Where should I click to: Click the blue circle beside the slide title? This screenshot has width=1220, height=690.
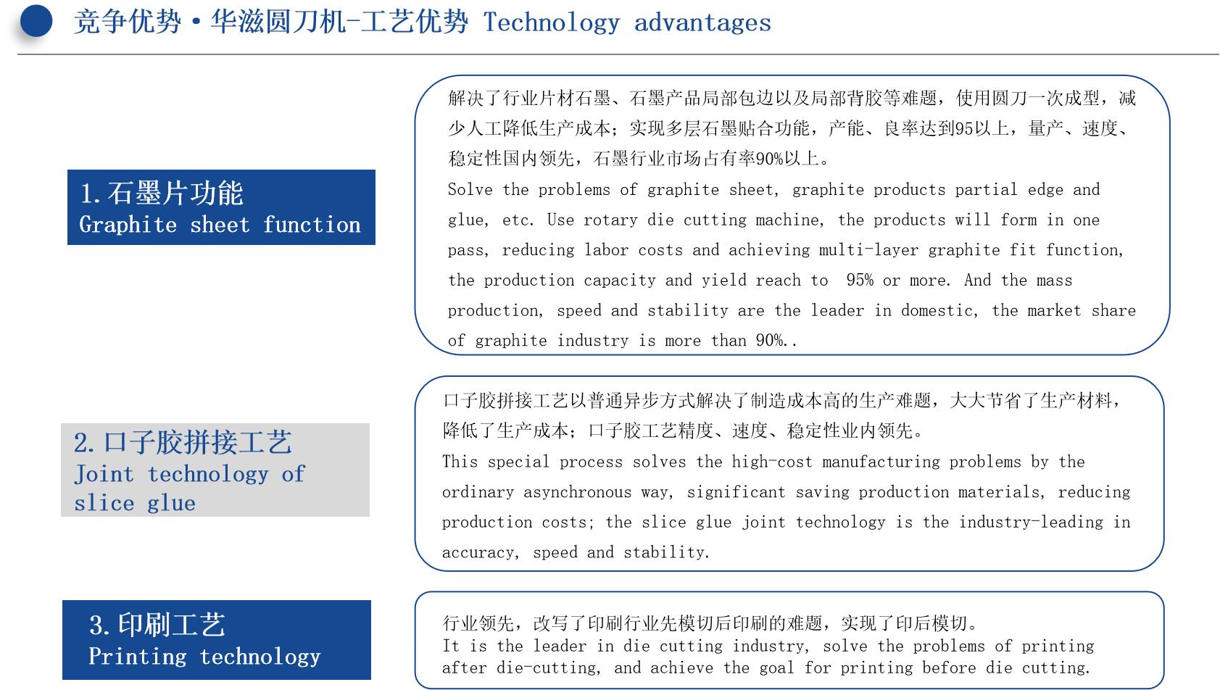tap(36, 21)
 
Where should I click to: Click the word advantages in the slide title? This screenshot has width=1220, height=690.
tap(702, 22)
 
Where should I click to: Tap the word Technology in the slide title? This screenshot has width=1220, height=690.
tap(551, 23)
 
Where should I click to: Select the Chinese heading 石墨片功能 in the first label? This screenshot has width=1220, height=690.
tap(175, 194)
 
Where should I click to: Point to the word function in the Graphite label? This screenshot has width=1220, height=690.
tap(312, 225)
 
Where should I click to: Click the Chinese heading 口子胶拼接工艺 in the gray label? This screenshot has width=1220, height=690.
tap(197, 442)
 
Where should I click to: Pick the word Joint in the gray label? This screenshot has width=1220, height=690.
tap(104, 474)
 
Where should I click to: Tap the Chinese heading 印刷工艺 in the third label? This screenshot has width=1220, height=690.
tap(172, 625)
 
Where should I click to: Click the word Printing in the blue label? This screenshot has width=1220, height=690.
tap(138, 657)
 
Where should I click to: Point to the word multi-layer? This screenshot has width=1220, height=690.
tap(868, 250)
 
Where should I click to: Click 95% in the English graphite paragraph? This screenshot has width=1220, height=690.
tap(860, 280)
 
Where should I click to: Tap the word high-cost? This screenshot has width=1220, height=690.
tap(772, 462)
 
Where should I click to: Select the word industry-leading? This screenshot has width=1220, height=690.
tap(1031, 523)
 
